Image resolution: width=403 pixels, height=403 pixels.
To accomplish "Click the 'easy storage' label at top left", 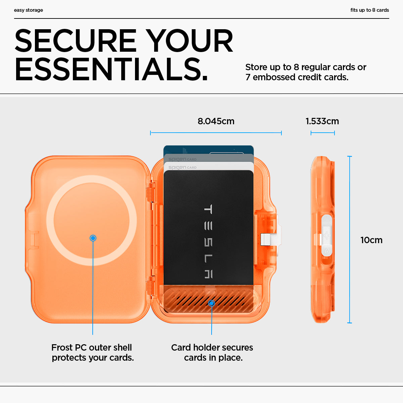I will [x=28, y=10].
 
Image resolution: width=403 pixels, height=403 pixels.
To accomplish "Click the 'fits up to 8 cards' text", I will [x=369, y=10].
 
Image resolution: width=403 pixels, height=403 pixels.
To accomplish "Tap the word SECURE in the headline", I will [x=76, y=41].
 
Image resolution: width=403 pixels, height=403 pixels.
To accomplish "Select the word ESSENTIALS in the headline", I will [x=111, y=70].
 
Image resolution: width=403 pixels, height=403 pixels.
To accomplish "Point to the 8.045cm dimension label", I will [x=216, y=121].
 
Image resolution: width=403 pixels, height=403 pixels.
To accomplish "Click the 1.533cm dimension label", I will [x=322, y=121].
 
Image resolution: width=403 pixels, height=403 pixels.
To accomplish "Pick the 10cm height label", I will [x=371, y=240].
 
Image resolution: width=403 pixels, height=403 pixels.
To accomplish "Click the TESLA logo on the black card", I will [x=208, y=241].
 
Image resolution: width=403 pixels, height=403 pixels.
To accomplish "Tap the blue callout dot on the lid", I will [x=93, y=238].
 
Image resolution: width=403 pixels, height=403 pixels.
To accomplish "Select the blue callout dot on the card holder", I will [x=211, y=303].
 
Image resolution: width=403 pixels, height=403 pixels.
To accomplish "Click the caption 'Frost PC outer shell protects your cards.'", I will [x=93, y=352].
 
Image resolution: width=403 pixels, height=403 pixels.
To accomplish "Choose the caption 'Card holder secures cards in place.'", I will [x=212, y=352].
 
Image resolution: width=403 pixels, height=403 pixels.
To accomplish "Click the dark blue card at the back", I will [x=208, y=150].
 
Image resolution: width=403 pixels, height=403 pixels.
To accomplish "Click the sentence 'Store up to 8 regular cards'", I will [x=306, y=67].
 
